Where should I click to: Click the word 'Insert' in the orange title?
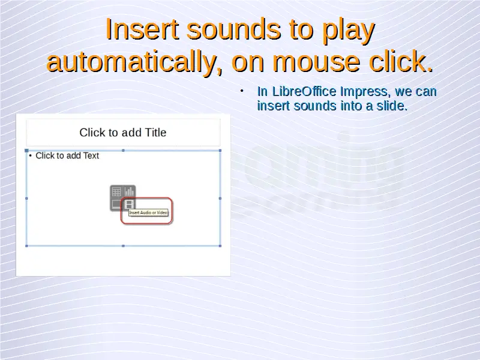coord(142,29)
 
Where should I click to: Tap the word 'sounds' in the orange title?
coord(234,29)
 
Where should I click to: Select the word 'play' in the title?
coord(349,31)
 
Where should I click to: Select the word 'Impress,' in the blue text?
coord(365,92)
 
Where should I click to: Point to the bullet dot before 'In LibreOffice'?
coord(242,91)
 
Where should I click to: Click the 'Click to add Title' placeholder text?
coord(123,133)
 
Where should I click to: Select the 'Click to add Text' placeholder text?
coord(67,155)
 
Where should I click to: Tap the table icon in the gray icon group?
coord(116,192)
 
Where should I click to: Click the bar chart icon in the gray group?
coord(129,191)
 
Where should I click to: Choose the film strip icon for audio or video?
coord(129,204)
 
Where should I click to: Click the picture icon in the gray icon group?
coord(116,204)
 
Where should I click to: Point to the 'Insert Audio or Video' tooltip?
coord(148,212)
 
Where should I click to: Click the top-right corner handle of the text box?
coord(220,151)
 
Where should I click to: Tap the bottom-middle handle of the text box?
coord(123,246)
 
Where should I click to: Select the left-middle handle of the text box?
coord(26,199)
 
